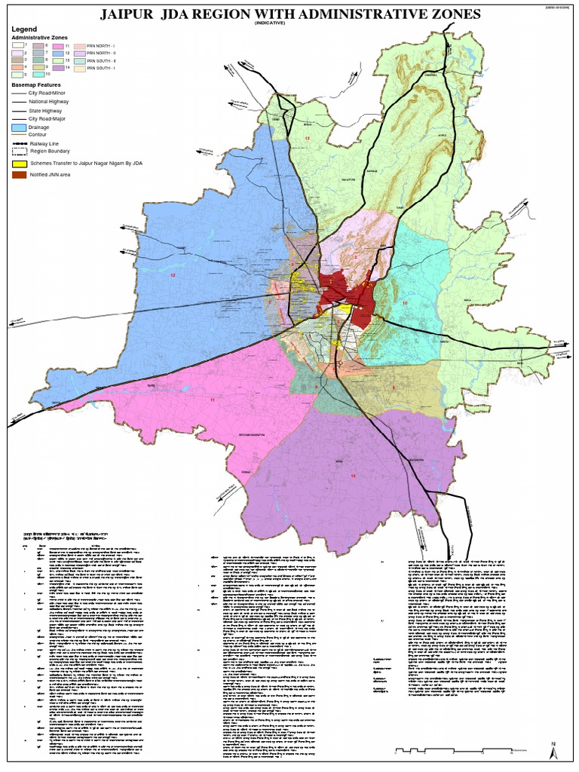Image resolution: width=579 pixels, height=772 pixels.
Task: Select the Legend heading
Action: coord(25,29)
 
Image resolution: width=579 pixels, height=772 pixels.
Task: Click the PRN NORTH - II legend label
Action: coord(102,54)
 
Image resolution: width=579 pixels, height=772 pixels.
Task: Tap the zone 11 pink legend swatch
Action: coord(57,47)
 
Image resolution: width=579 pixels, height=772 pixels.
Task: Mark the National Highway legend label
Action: coord(49,101)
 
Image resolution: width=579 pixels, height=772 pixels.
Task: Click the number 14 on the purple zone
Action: coord(352,476)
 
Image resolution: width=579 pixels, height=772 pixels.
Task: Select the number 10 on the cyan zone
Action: coord(405,302)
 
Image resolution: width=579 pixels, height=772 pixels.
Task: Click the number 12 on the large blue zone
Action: coord(172,275)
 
